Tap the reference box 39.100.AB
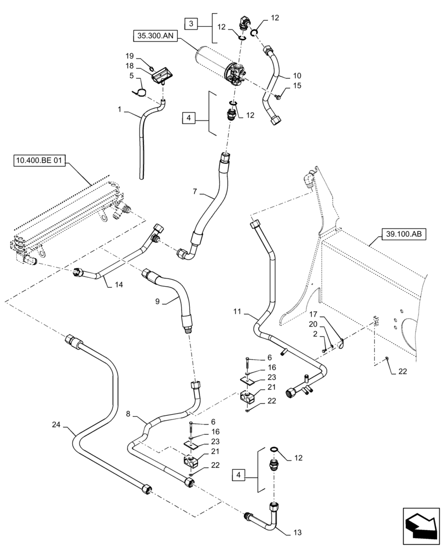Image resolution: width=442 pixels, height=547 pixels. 402,235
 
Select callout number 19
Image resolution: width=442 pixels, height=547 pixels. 130,56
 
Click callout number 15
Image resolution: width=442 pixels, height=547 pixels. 297,86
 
